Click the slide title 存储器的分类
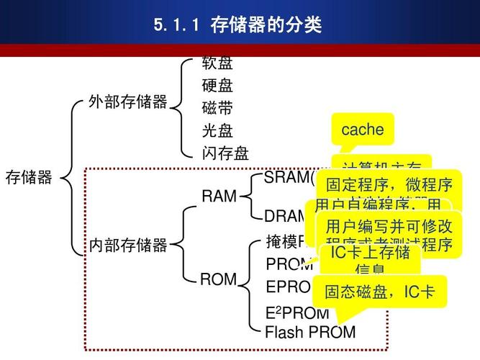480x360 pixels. (x=266, y=26)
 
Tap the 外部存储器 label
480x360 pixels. (x=127, y=102)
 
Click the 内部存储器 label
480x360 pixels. (x=127, y=246)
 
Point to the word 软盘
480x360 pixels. (x=217, y=63)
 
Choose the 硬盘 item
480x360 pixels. (x=217, y=86)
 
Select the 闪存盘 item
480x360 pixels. (x=225, y=153)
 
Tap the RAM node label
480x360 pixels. (x=219, y=197)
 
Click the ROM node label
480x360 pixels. (x=218, y=279)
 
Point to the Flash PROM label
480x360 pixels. (x=310, y=332)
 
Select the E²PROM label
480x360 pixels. (x=297, y=313)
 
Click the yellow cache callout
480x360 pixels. (x=363, y=130)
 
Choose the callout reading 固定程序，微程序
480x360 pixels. (x=389, y=184)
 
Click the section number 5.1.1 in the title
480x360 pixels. (x=176, y=26)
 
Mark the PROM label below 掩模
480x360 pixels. (x=289, y=264)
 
